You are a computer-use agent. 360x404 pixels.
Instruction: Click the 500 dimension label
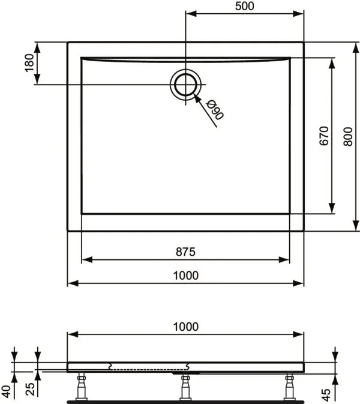(x=244, y=6)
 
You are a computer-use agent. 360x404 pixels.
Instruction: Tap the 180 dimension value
(x=29, y=63)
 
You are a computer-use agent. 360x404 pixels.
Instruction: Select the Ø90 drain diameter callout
(x=215, y=110)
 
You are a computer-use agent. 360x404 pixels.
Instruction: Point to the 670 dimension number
(x=324, y=136)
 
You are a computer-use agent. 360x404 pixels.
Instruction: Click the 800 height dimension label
(x=347, y=136)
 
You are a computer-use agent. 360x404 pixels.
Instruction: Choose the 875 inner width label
(x=185, y=252)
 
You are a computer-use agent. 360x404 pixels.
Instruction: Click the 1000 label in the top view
(x=185, y=276)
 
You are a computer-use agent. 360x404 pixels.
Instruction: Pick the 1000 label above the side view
(x=185, y=327)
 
